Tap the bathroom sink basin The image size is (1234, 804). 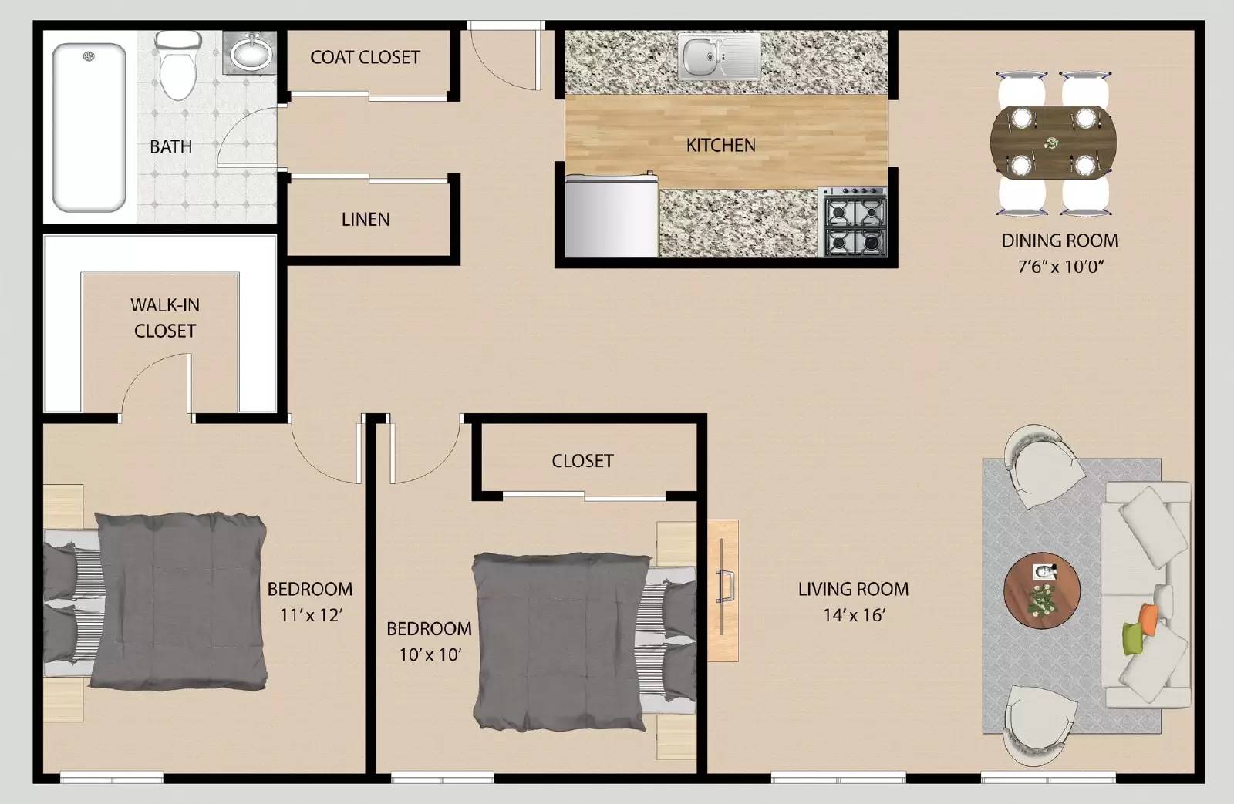(251, 54)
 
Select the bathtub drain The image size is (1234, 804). (89, 56)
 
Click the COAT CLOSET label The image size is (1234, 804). (365, 57)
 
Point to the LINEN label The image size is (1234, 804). (366, 219)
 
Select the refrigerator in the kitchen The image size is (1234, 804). (611, 217)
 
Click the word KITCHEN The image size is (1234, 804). (721, 145)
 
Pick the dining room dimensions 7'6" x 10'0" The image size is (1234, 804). (1060, 267)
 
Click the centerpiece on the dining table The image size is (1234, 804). (1053, 143)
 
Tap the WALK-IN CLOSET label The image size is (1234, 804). (165, 318)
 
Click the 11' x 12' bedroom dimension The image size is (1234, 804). (309, 615)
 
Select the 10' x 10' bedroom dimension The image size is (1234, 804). (430, 654)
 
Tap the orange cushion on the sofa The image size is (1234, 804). (1149, 617)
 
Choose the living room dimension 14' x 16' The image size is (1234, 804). (853, 615)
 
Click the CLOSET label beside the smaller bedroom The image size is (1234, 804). (582, 461)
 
